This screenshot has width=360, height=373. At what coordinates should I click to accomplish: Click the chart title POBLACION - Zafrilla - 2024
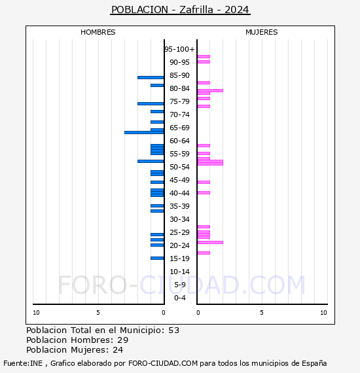[180, 10]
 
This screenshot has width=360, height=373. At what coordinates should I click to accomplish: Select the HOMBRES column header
[98, 32]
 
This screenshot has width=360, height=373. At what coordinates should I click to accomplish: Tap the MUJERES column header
[261, 32]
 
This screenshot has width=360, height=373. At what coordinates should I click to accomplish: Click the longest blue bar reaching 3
[144, 132]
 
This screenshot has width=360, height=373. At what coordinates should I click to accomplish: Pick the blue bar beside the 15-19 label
[157, 258]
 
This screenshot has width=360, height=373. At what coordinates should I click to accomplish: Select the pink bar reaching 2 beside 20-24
[210, 242]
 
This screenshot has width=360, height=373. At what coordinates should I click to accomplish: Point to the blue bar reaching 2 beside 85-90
[151, 77]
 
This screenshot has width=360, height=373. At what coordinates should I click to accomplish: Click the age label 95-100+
[179, 49]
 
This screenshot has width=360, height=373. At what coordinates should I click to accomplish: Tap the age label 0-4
[180, 298]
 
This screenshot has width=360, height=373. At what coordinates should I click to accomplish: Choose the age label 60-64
[180, 141]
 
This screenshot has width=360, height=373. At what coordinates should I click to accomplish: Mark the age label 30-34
[180, 219]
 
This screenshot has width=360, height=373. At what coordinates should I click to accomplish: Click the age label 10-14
[180, 272]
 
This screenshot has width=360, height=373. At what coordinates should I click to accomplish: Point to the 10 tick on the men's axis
[36, 313]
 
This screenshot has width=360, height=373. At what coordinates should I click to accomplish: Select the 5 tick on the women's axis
[261, 313]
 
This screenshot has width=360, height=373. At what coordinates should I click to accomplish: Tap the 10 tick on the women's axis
[323, 313]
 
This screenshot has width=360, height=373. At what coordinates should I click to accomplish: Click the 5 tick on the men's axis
[98, 313]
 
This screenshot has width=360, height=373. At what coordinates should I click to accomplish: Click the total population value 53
[173, 330]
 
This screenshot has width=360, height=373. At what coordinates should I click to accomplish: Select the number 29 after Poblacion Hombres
[122, 340]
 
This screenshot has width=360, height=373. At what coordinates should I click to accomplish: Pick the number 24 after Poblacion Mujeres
[118, 350]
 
